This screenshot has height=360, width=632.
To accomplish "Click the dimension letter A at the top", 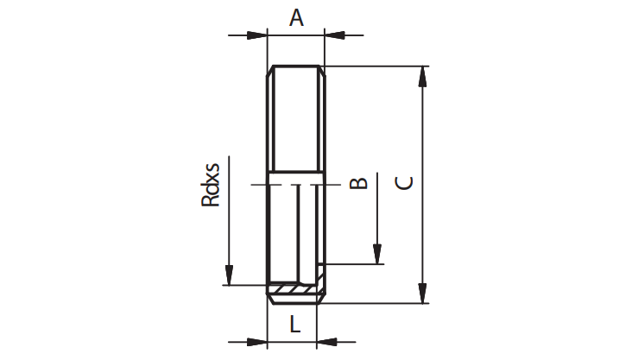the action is (296, 18).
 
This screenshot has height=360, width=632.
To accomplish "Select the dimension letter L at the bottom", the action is (295, 324).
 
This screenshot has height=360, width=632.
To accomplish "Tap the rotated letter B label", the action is (358, 183).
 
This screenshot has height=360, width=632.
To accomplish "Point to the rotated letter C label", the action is (404, 183).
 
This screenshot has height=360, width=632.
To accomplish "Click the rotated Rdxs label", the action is (211, 185).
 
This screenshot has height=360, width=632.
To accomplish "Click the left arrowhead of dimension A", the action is (257, 35).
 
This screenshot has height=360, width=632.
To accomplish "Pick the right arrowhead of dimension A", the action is (334, 35).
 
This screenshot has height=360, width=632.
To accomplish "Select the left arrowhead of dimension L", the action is (257, 342).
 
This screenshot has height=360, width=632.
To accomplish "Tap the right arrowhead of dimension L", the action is (327, 342).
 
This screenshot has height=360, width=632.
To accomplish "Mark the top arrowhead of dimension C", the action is (422, 76).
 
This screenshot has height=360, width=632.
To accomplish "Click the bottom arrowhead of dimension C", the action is (422, 293).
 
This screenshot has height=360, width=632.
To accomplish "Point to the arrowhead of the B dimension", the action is (377, 255).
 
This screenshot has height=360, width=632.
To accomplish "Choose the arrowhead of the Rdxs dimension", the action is (229, 275).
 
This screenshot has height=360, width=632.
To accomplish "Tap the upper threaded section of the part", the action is (296, 119).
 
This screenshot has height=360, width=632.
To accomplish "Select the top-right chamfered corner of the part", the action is (322, 71).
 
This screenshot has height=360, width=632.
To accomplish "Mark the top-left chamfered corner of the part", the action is (270, 71).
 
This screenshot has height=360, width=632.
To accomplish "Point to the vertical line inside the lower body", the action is (298, 233).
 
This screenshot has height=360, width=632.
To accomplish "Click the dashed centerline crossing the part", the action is (296, 185).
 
